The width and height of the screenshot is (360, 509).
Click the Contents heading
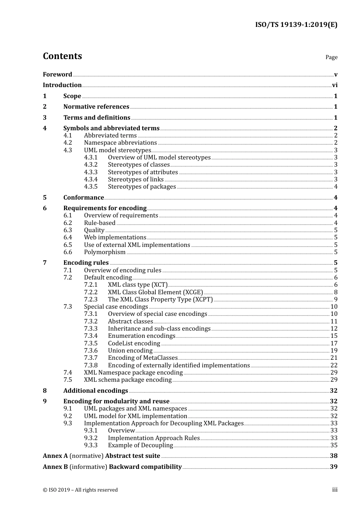62,56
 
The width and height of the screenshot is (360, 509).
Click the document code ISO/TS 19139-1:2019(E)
296,25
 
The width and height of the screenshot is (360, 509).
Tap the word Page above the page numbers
331,57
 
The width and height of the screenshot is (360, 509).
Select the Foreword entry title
57,75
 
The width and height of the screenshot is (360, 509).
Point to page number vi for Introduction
335,85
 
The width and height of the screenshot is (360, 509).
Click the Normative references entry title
96,107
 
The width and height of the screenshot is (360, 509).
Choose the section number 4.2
67,143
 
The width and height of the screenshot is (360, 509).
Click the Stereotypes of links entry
136,180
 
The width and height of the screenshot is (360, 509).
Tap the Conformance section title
83,198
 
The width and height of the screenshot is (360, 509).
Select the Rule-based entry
100,223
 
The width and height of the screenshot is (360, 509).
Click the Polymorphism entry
105,252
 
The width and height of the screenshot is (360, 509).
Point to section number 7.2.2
91,292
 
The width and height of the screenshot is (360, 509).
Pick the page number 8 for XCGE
336,292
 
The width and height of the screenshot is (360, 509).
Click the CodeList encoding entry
134,343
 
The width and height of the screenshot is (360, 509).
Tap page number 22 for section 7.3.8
334,365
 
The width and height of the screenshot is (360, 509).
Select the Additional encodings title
95,391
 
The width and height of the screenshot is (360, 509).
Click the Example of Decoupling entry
140,445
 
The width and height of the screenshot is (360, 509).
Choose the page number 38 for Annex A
333,456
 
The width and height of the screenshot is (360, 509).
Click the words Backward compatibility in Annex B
145,467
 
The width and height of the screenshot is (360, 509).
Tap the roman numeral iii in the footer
335,490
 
